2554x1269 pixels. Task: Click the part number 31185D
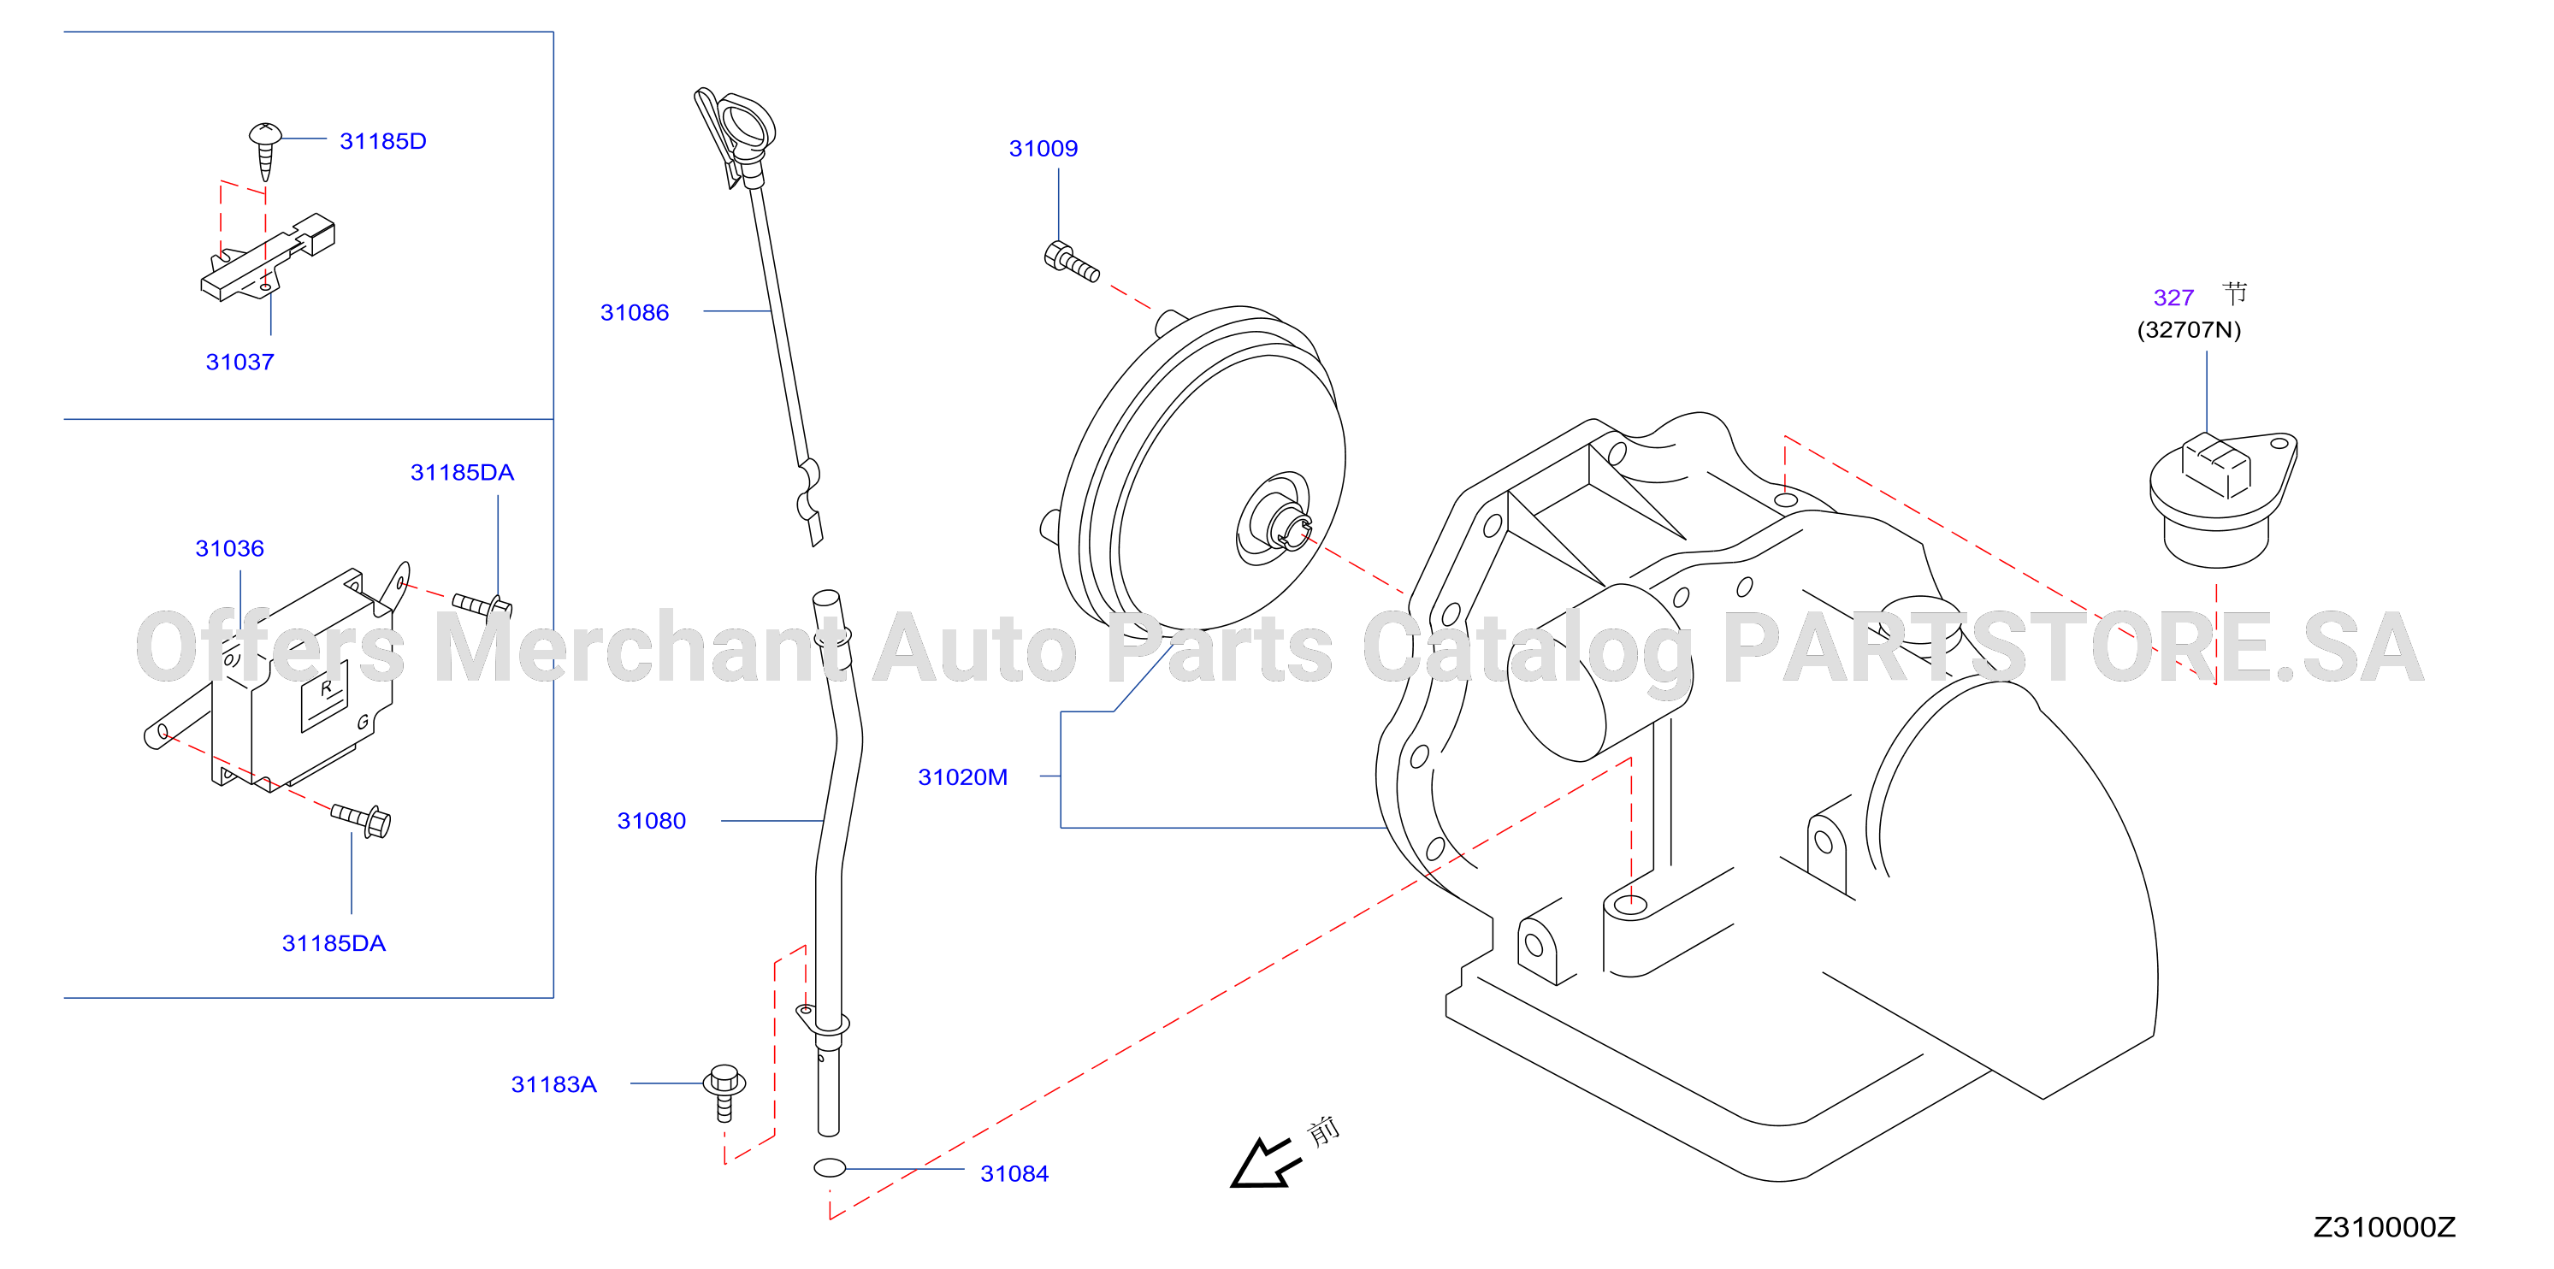click(382, 141)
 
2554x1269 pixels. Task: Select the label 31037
click(240, 362)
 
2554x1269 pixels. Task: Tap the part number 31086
click(635, 312)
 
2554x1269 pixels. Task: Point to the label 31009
click(1043, 149)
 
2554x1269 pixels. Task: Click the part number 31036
click(230, 548)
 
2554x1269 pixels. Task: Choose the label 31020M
click(963, 777)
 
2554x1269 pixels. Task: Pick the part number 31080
click(652, 821)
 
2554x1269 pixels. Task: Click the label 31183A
click(554, 1084)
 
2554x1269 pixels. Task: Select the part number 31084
click(1014, 1174)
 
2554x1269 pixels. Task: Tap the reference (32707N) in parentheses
click(2189, 330)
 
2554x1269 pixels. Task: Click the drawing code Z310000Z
click(2385, 1227)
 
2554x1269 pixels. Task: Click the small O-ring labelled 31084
click(830, 1168)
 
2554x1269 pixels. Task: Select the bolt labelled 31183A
click(724, 1093)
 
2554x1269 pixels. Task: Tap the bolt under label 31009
click(1071, 261)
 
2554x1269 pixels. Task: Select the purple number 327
click(2173, 298)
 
